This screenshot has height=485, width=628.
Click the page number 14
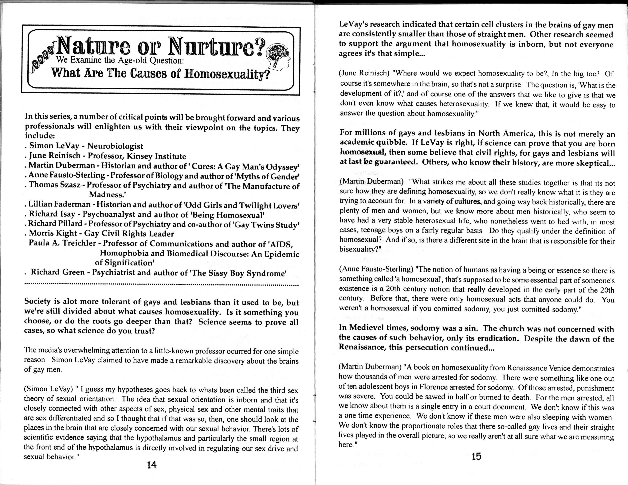click(151, 465)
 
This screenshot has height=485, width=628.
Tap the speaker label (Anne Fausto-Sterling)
click(376, 269)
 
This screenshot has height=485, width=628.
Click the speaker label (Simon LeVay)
click(48, 389)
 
